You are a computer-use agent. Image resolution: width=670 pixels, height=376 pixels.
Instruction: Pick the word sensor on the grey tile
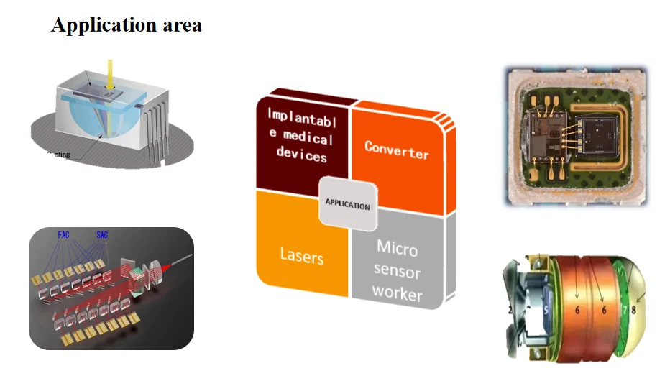pyautogui.click(x=398, y=272)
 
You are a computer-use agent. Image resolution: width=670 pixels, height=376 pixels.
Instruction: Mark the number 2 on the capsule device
pyautogui.click(x=510, y=310)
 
